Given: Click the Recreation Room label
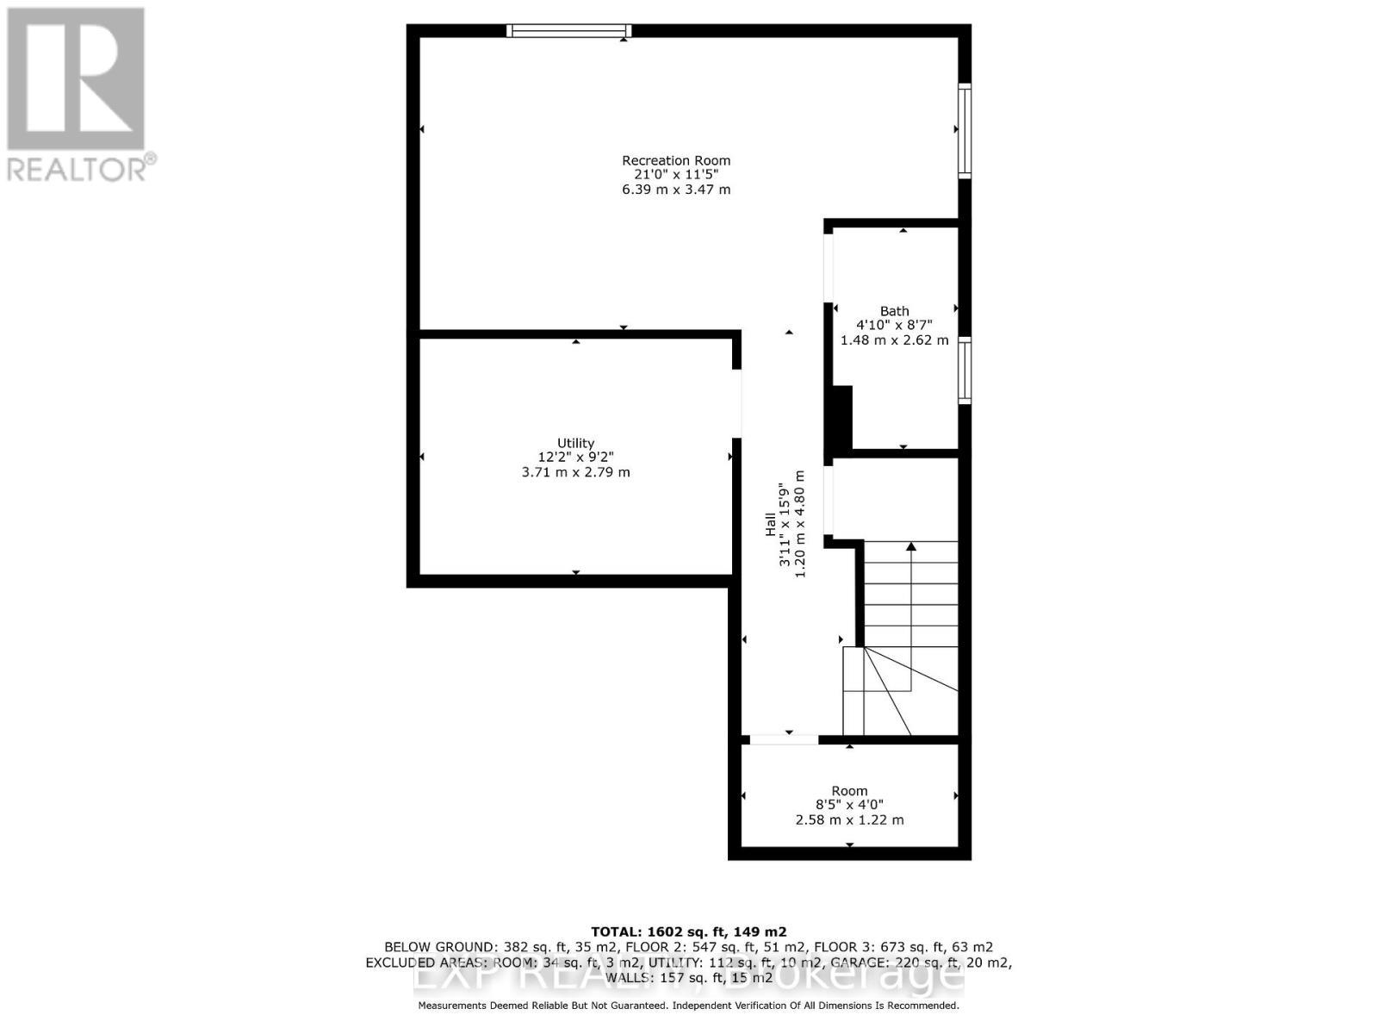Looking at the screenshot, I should [x=676, y=160].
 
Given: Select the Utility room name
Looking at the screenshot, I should [x=575, y=443].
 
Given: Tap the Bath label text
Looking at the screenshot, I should [x=894, y=311].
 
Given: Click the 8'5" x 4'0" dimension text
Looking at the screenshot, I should [x=849, y=805].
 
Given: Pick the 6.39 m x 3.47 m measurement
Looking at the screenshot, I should [x=676, y=190].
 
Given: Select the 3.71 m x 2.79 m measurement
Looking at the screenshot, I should [x=575, y=472].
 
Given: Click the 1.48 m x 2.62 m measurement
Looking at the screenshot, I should [x=894, y=340].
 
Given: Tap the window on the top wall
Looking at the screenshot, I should [x=568, y=31].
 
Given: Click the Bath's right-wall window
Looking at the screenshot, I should [x=965, y=371].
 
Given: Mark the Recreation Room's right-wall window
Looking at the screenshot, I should [x=965, y=131].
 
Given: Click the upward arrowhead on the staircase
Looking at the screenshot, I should [x=911, y=546].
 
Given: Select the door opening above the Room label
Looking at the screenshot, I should [x=784, y=739].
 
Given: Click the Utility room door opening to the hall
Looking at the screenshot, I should [x=737, y=403].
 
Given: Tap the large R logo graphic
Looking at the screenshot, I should [x=76, y=78].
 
